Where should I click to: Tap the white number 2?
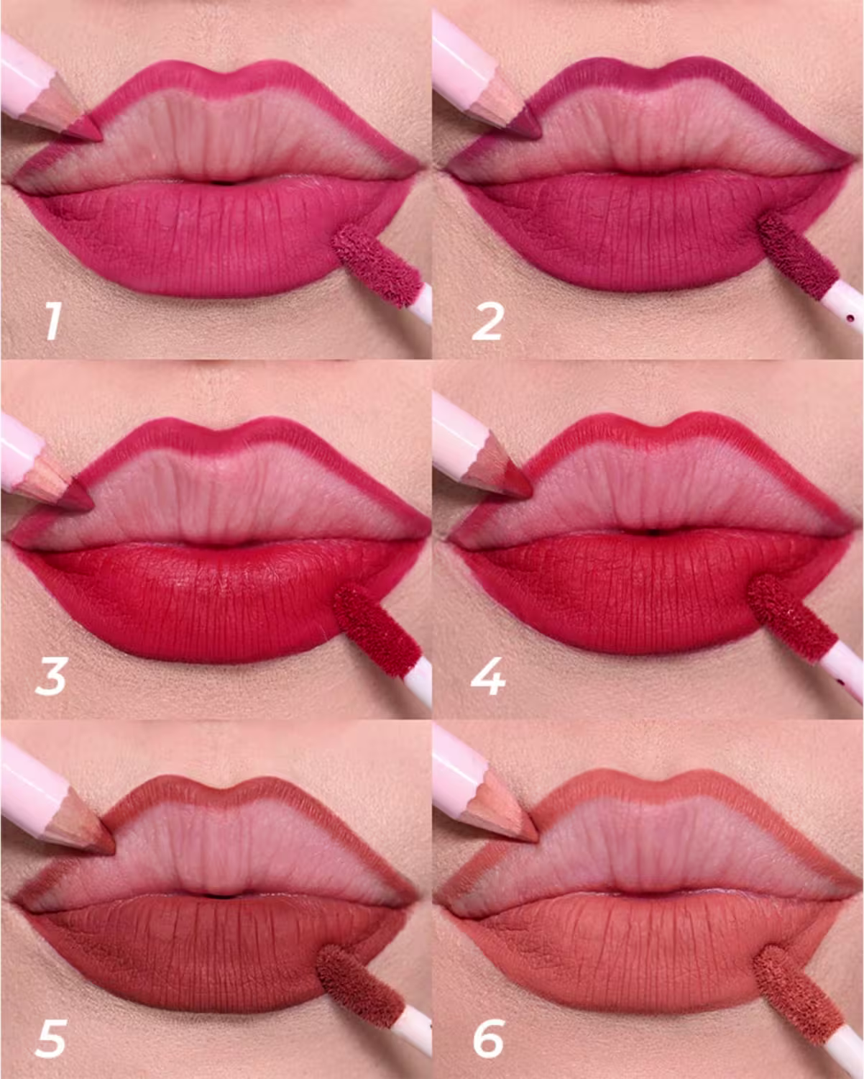point(487,321)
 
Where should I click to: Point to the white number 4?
point(488,677)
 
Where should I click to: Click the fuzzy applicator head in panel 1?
point(377,265)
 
